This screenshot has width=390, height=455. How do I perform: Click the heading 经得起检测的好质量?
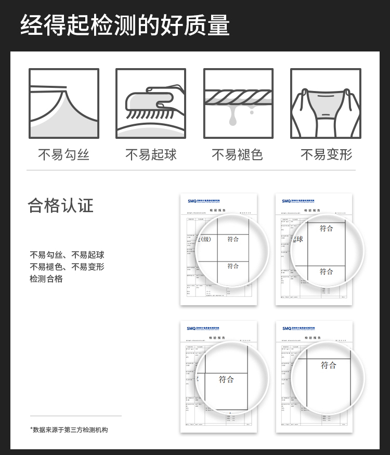(125, 25)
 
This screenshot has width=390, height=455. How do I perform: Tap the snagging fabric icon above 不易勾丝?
(64, 103)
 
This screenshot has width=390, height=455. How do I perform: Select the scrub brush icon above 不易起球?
(151, 103)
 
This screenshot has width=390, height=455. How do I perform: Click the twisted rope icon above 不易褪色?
(238, 103)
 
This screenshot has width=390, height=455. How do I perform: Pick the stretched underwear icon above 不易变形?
(326, 103)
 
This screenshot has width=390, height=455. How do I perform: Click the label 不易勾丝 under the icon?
(64, 154)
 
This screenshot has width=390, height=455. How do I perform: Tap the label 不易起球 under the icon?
(151, 154)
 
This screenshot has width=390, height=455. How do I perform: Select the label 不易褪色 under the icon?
(238, 154)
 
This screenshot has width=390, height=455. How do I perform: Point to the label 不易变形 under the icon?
(326, 154)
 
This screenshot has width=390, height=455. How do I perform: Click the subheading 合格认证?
(60, 205)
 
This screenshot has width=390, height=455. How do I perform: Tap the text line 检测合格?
(46, 279)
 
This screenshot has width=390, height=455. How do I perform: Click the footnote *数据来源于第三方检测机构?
(69, 430)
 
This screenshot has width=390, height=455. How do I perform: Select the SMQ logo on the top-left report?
(192, 200)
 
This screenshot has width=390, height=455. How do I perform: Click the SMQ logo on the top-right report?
(287, 200)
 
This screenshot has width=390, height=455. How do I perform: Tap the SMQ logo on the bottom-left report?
(192, 328)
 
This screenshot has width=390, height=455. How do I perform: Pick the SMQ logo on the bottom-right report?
(287, 328)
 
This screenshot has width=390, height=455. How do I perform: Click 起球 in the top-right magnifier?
(298, 239)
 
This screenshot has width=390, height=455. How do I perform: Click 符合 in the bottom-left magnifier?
(226, 379)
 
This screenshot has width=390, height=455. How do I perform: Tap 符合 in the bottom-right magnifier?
(328, 365)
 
